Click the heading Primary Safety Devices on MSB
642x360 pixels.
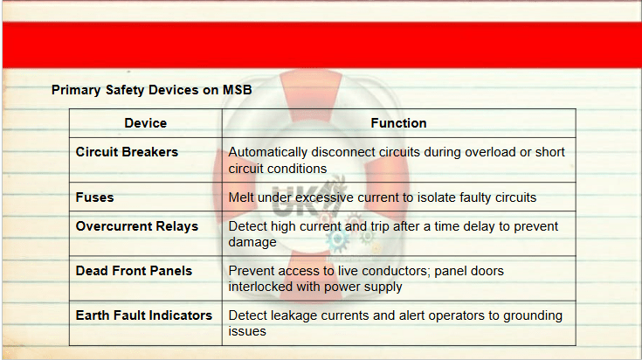click(151, 90)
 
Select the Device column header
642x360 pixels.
click(145, 123)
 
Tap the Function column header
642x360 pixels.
click(398, 123)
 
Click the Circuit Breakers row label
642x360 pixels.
click(127, 152)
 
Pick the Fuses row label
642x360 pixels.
click(94, 197)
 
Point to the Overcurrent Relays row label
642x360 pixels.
click(137, 226)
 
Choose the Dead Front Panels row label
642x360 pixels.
click(134, 271)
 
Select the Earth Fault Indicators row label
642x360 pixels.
click(144, 315)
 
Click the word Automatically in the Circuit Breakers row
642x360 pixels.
click(268, 152)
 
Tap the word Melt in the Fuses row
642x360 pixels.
click(241, 197)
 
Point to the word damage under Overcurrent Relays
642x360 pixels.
click(252, 242)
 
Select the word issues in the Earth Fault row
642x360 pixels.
click(247, 331)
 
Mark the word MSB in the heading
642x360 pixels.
click(237, 90)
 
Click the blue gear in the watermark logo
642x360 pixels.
click(337, 240)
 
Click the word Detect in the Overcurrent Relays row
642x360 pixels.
click(248, 226)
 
